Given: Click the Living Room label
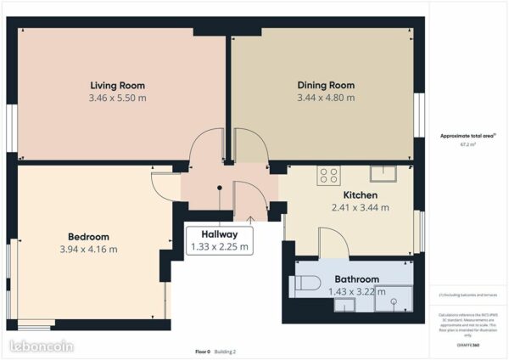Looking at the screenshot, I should point(117,85).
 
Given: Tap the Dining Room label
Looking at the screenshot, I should point(326,85).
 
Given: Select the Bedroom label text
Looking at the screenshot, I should point(88,236).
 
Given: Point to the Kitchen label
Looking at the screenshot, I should point(361,194).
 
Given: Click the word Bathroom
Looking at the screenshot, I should point(356,278).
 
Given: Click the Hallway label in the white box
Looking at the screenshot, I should point(220,234).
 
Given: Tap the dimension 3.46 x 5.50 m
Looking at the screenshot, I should point(117,98).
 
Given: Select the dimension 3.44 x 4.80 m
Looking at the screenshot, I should point(326,98).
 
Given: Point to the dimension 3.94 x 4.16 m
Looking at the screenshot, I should point(88,249).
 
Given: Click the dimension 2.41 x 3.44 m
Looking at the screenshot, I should point(361,207).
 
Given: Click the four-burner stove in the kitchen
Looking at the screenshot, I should point(328,176).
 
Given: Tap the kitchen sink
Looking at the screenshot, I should point(383,174).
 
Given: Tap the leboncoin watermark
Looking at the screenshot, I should point(40,346).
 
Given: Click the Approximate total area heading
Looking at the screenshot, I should point(467,136).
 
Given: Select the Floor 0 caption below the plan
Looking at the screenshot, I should point(203,351).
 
